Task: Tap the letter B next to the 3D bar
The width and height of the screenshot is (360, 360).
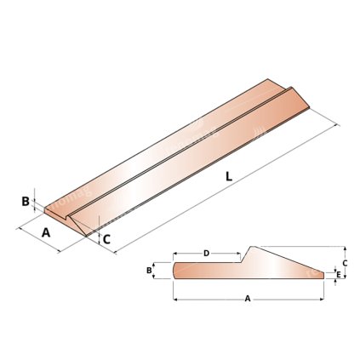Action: [x=26, y=202]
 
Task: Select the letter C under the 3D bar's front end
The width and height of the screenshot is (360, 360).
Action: [x=106, y=240]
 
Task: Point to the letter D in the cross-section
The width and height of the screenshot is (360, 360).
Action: [x=206, y=253]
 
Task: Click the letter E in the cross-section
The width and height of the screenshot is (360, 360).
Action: [x=339, y=275]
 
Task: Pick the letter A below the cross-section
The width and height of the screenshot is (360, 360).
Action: [x=248, y=299]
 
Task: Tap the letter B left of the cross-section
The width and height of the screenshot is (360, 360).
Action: [x=150, y=270]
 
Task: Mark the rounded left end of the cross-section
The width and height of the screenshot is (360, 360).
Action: [x=174, y=270]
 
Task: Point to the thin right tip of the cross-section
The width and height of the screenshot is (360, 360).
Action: [x=324, y=274]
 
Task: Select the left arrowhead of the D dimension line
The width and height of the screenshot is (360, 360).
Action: [x=174, y=253]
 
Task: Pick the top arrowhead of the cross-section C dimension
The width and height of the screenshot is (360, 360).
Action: [x=333, y=248]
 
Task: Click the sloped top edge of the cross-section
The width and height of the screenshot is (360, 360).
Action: [x=289, y=259]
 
